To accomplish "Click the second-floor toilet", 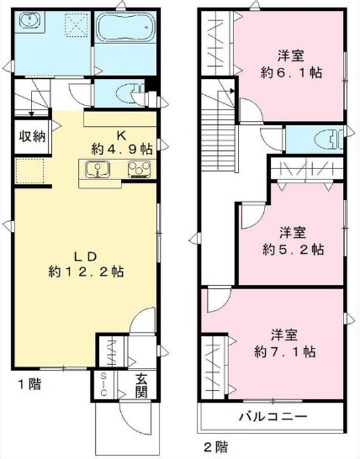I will (x=323, y=138).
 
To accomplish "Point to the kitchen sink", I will (x=98, y=172).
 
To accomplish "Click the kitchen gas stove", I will (x=138, y=172).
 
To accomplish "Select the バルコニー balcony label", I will (x=273, y=417).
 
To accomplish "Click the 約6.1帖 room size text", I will (x=291, y=74).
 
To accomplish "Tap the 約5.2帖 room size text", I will (x=291, y=249).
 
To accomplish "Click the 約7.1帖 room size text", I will (x=289, y=351).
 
